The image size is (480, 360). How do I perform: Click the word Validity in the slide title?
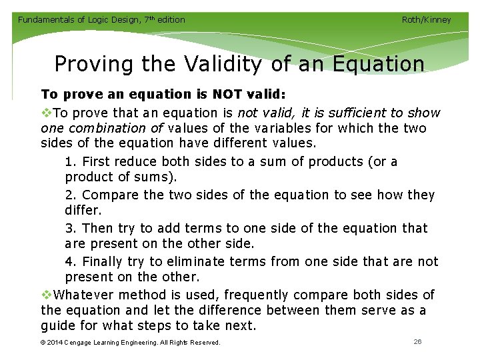(x=220, y=64)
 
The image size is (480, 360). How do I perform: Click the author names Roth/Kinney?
(x=426, y=19)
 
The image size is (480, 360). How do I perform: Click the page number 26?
(x=417, y=341)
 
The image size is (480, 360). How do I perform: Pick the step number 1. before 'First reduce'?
(x=71, y=161)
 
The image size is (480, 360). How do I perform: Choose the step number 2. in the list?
(x=71, y=195)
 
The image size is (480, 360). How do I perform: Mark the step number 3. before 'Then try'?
(x=71, y=228)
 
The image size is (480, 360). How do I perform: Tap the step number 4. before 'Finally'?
(x=71, y=261)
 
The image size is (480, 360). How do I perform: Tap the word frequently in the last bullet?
(x=262, y=295)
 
